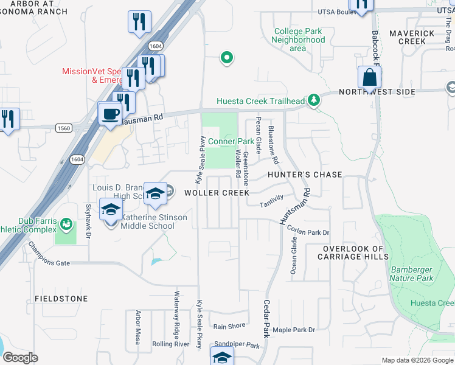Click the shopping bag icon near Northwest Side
click(x=369, y=78)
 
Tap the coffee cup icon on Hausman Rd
click(x=110, y=114)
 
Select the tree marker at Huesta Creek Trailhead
click(x=314, y=100)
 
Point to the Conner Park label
click(x=231, y=141)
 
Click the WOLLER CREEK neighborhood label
click(x=217, y=193)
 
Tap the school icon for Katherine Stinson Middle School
click(x=110, y=211)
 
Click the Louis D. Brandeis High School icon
click(x=156, y=193)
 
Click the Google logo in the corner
click(x=21, y=357)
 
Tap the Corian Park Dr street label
click(x=308, y=232)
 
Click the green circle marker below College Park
click(x=227, y=58)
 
